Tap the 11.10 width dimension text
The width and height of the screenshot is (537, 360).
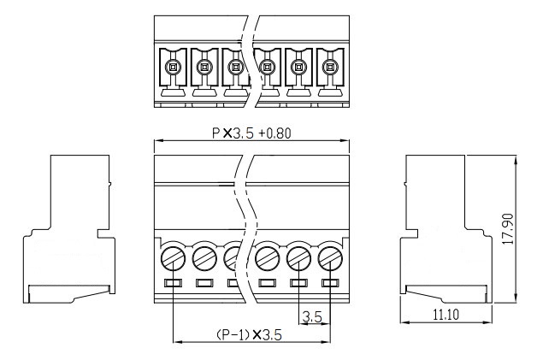coord(446,314)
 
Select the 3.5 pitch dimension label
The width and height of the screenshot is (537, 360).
coord(312,317)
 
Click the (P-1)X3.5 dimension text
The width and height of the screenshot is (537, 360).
coord(250,334)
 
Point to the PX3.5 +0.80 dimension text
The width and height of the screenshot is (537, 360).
coord(251,133)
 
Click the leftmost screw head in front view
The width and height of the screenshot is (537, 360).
coord(173,258)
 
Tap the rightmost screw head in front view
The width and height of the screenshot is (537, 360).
coord(330,258)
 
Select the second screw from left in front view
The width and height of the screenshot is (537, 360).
coord(204,258)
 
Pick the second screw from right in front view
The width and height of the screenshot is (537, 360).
coord(299,258)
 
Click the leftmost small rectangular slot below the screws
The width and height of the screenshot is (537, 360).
coord(173,283)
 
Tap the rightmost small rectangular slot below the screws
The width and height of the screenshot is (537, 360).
coord(330,283)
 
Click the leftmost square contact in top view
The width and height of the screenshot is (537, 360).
coord(173,67)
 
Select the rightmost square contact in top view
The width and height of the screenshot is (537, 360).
coord(330,67)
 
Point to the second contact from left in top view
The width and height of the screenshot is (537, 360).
coord(204,67)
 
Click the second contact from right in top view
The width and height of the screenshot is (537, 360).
coord(299,67)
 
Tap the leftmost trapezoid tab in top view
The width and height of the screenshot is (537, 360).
coord(173,92)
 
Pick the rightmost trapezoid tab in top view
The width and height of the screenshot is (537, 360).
coord(330,92)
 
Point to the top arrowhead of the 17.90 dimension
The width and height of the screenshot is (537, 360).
coord(516,160)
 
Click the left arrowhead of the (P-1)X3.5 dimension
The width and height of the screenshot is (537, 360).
coord(178,341)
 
